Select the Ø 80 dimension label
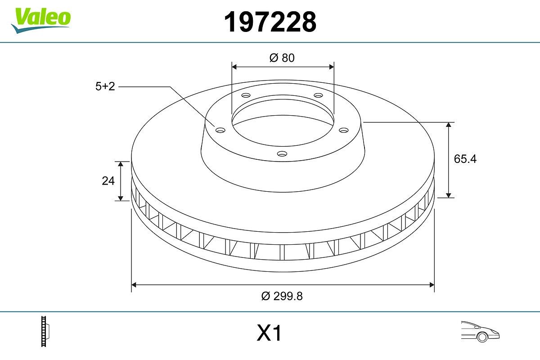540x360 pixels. tap(282, 58)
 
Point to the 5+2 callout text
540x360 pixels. tap(105, 86)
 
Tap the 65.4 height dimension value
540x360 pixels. tap(465, 159)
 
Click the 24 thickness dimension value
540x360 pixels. tap(108, 181)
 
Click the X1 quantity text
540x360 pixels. tap(269, 334)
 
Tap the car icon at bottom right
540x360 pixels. tap(480, 331)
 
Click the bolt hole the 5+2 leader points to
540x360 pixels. tap(220, 130)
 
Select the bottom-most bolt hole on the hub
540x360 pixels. tap(282, 154)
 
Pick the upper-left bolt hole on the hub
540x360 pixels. tap(245, 95)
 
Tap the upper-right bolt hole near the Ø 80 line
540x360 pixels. tap(319, 95)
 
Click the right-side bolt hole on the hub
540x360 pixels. tap(344, 130)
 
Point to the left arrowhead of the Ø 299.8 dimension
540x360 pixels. tap(134, 284)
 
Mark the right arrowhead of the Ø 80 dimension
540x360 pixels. tap(332, 67)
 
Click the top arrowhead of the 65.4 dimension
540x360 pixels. tap(449, 125)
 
